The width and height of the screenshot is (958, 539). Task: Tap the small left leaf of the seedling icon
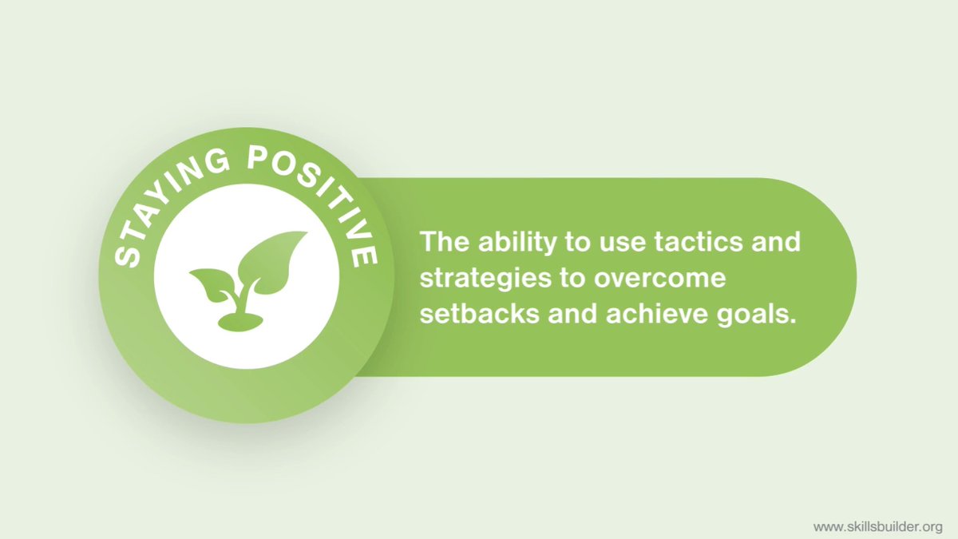pos(209,284)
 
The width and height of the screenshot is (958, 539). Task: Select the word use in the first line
pos(595,242)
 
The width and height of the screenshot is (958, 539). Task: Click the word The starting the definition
pos(441,241)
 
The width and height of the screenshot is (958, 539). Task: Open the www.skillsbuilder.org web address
pos(878,527)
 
